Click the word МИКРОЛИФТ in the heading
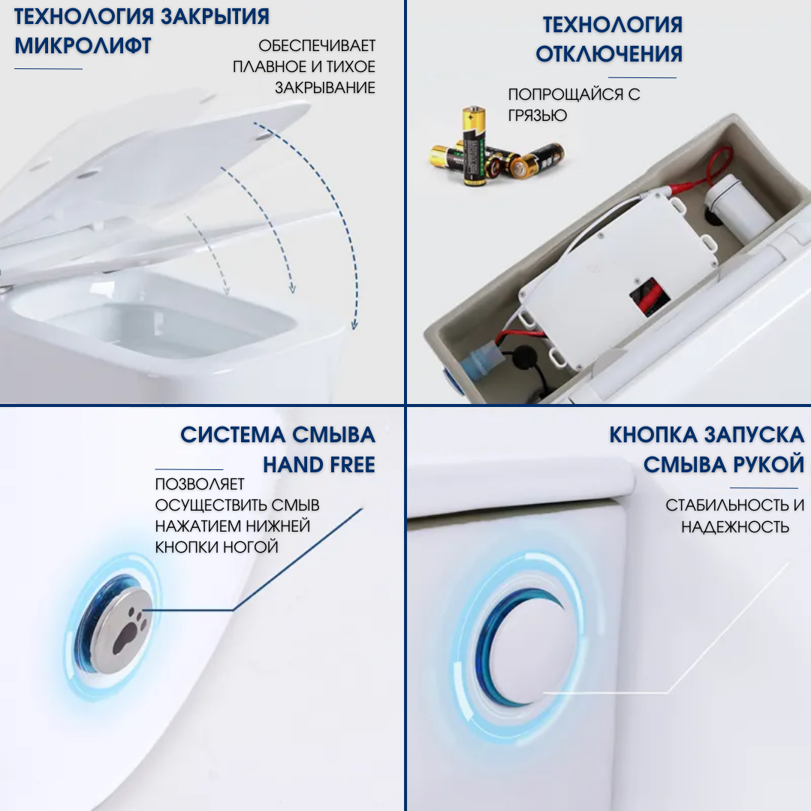tap(83, 46)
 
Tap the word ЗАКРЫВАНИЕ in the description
tap(324, 88)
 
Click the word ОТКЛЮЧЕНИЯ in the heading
tap(609, 54)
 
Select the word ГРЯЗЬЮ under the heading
tap(538, 116)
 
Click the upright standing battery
tap(474, 146)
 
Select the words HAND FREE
tap(318, 466)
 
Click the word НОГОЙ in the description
tap(251, 547)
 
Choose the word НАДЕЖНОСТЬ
tap(735, 527)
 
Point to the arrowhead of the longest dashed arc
tap(354, 326)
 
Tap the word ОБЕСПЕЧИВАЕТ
tap(317, 46)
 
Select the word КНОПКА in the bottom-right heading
tap(653, 435)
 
